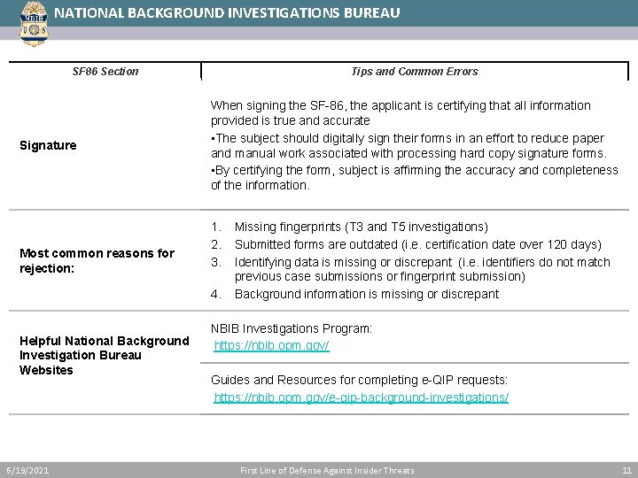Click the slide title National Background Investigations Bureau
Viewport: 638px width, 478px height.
pyautogui.click(x=227, y=13)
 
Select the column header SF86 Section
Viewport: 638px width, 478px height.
pyautogui.click(x=105, y=72)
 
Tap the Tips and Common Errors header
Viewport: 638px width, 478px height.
pyautogui.click(x=414, y=72)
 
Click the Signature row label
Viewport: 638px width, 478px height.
pyautogui.click(x=48, y=145)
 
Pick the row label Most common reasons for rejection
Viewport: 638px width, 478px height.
pyautogui.click(x=97, y=260)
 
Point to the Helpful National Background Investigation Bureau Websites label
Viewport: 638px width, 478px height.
pyautogui.click(x=104, y=355)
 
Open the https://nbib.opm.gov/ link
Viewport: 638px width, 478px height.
pyautogui.click(x=271, y=346)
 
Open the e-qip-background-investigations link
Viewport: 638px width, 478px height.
pyautogui.click(x=361, y=397)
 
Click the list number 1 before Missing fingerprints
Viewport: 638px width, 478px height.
pyautogui.click(x=215, y=227)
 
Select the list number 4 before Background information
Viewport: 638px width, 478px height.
pyautogui.click(x=215, y=294)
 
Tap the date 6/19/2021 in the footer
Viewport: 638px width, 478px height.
pyautogui.click(x=27, y=470)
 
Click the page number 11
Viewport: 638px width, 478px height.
pyautogui.click(x=626, y=470)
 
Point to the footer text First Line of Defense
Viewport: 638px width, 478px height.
pyautogui.click(x=326, y=470)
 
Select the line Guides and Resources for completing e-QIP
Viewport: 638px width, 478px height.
pyautogui.click(x=359, y=380)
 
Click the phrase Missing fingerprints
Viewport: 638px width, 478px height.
pyautogui.click(x=282, y=227)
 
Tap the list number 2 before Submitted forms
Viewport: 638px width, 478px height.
pyautogui.click(x=215, y=244)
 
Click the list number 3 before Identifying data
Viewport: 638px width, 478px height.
pyautogui.click(x=215, y=261)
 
